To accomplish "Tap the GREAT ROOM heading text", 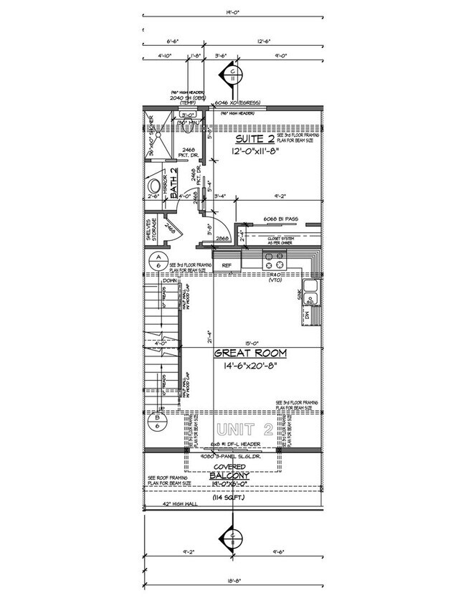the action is (x=251, y=353).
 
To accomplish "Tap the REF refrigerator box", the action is (x=227, y=265).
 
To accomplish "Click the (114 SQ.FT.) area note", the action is (x=229, y=498).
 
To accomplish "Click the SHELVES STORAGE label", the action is (x=151, y=229).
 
